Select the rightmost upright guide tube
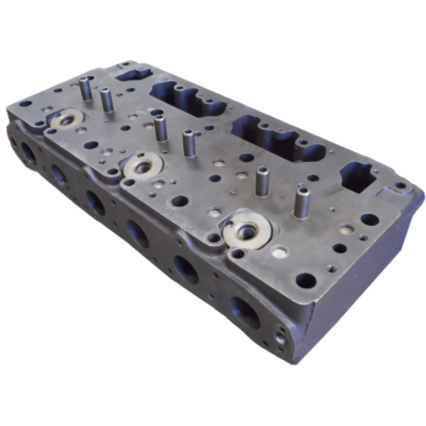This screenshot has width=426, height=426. pyautogui.click(x=302, y=203)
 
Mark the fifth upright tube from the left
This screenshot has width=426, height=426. pyautogui.click(x=262, y=182)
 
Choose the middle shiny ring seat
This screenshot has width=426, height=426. pyautogui.click(x=142, y=166)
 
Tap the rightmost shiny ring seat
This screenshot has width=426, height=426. pyautogui.click(x=247, y=229)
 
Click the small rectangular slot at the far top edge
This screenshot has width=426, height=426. pyautogui.click(x=130, y=73)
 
